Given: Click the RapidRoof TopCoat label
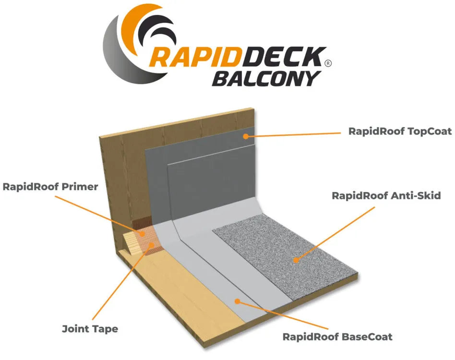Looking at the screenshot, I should [x=400, y=131].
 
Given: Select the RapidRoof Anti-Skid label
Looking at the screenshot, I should [x=386, y=196].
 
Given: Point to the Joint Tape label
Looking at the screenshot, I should [x=90, y=329].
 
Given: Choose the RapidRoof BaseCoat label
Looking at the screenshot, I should [x=337, y=336].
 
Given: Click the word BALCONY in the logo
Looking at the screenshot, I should [x=265, y=78].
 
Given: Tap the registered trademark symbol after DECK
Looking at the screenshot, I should [x=328, y=63].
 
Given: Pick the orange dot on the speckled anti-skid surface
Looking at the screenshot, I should [x=296, y=260].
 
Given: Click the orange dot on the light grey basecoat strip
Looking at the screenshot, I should [x=237, y=301].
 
